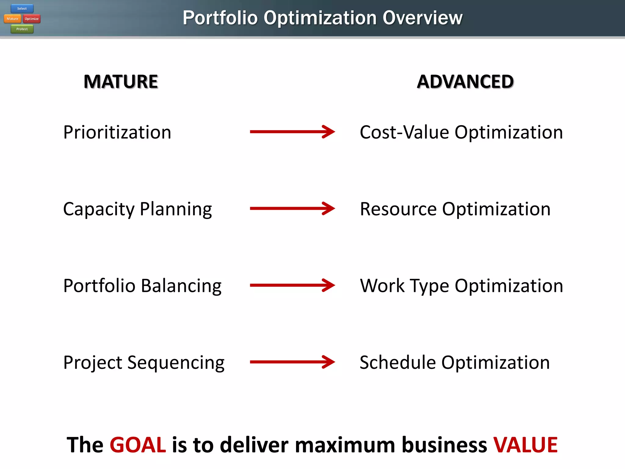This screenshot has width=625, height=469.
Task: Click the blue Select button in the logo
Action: [x=22, y=9]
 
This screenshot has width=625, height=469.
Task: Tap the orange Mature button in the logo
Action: [x=13, y=19]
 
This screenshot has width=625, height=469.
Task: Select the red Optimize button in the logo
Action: [x=32, y=19]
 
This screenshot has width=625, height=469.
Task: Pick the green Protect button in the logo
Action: [x=22, y=29]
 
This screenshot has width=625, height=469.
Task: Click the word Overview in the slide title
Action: [x=422, y=18]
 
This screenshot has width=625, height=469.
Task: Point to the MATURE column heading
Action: [x=121, y=82]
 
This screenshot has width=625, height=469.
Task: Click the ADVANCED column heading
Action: [x=465, y=82]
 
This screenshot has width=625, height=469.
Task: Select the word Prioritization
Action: [x=117, y=132]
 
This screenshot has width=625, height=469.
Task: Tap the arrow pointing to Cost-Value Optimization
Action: [x=292, y=132]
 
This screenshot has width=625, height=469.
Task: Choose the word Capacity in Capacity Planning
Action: [x=99, y=209]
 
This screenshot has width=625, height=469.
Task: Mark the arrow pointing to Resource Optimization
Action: [x=292, y=209]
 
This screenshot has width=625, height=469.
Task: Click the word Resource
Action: [x=398, y=209]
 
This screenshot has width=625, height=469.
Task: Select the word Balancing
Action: [x=181, y=286]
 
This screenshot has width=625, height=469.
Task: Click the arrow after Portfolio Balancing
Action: [x=292, y=285]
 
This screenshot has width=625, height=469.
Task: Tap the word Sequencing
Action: [x=176, y=363]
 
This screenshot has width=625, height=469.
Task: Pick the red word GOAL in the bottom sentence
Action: [x=138, y=445]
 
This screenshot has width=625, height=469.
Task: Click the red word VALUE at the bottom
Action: [x=526, y=445]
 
